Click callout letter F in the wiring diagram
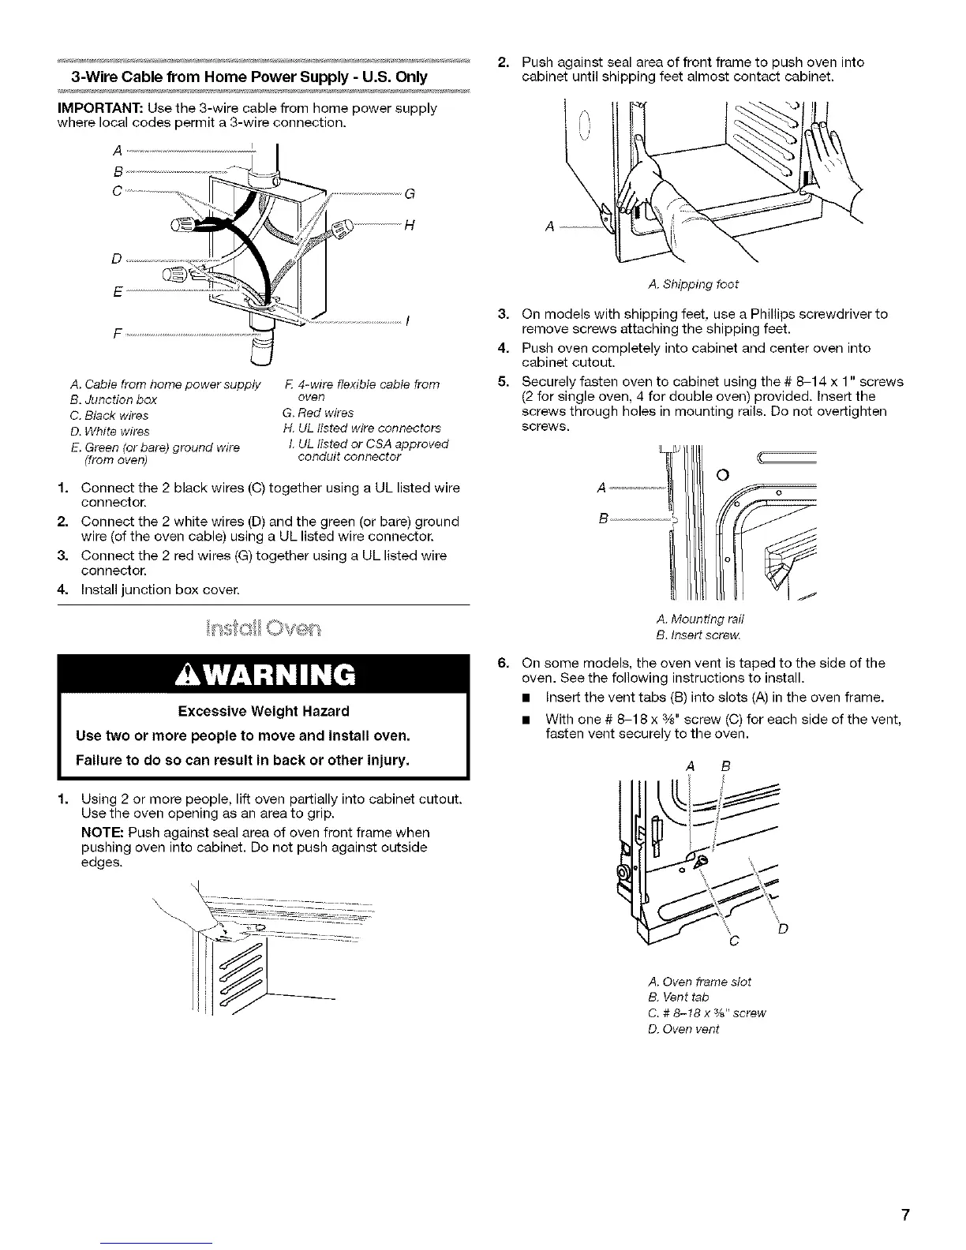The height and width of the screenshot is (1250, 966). pos(118,331)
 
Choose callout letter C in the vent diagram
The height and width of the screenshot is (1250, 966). pos(734,941)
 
